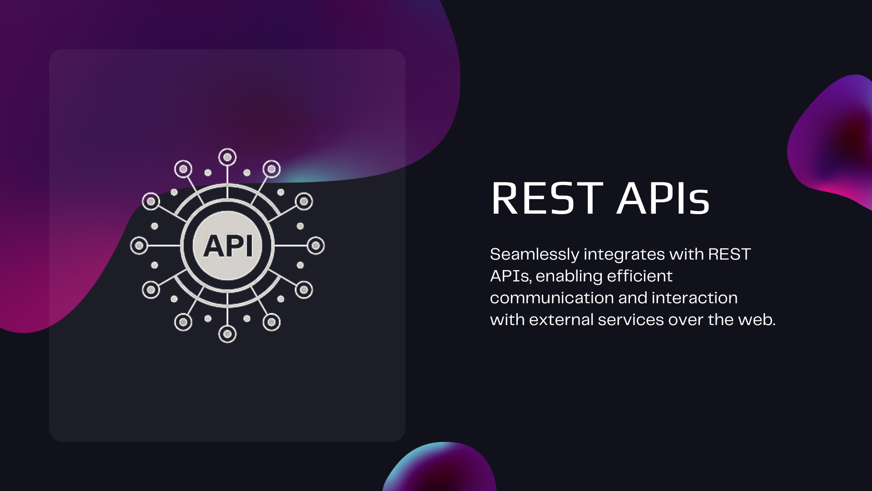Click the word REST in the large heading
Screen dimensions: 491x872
[547, 198]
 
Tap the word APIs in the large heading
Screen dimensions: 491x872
[663, 198]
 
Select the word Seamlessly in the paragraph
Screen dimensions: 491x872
[534, 255]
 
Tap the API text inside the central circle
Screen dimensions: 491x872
[228, 246]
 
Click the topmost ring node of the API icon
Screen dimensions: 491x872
[228, 157]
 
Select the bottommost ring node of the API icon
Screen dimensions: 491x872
[228, 334]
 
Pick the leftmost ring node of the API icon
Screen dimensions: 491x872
[139, 246]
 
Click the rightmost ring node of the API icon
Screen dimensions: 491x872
[316, 246]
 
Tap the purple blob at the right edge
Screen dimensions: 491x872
[836, 141]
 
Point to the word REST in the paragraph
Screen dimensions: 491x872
[729, 255]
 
